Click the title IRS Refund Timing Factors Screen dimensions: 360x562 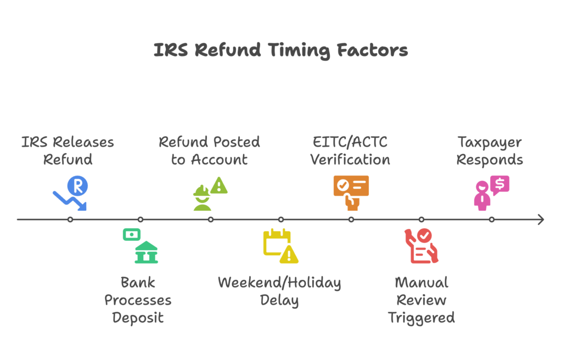(x=280, y=50)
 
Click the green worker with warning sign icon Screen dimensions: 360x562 (x=210, y=194)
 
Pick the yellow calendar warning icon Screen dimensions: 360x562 (x=280, y=245)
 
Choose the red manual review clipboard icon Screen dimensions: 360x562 (x=421, y=246)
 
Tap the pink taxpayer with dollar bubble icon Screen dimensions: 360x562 (x=491, y=193)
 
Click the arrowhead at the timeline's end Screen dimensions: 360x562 (x=541, y=220)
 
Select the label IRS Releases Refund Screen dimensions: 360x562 (x=68, y=151)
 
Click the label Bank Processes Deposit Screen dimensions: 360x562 (x=138, y=300)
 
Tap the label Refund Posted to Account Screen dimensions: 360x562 (x=209, y=151)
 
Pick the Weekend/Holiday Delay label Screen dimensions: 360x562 (x=279, y=291)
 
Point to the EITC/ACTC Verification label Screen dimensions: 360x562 (x=350, y=151)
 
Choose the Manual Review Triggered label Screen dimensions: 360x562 (x=421, y=300)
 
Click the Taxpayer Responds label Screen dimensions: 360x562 (x=490, y=151)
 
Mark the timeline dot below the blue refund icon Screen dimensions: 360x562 (x=70, y=220)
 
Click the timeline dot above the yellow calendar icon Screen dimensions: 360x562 (x=281, y=220)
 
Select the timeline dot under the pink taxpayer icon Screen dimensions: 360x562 (x=492, y=220)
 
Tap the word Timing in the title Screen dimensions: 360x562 (x=299, y=50)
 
